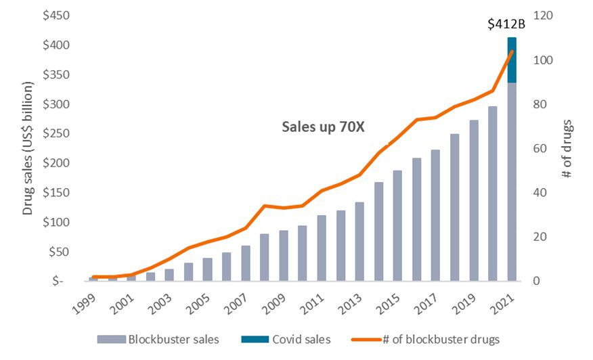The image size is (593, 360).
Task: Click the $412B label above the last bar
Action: [x=506, y=25]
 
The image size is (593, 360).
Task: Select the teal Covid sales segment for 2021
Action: [x=512, y=60]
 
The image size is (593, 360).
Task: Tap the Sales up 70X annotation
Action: [x=323, y=127]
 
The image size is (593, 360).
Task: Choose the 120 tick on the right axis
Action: [x=544, y=16]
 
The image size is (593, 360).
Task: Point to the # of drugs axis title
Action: [x=567, y=149]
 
